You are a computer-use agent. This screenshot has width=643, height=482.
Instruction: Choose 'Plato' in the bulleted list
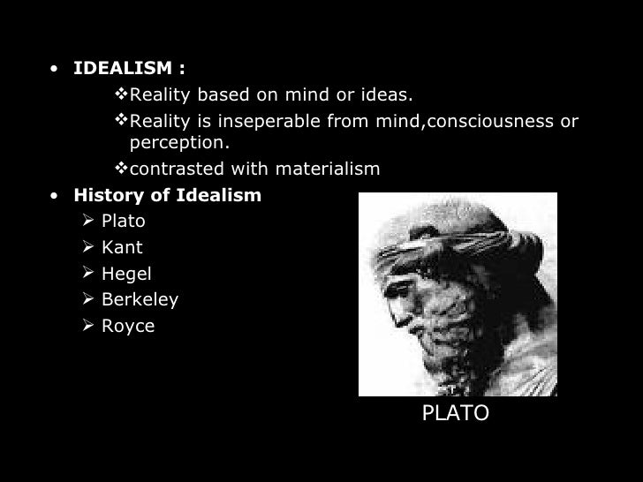pyautogui.click(x=123, y=221)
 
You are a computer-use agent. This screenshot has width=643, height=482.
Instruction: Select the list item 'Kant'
pyautogui.click(x=122, y=247)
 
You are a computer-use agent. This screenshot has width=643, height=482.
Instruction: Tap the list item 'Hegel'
pyautogui.click(x=126, y=274)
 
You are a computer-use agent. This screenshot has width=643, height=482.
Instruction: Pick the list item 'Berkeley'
pyautogui.click(x=140, y=300)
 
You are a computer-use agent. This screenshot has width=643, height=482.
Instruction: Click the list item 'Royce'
pyautogui.click(x=128, y=327)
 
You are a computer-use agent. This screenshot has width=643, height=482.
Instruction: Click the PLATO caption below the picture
pyautogui.click(x=455, y=413)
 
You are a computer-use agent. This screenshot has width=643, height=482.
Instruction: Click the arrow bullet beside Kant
pyautogui.click(x=87, y=247)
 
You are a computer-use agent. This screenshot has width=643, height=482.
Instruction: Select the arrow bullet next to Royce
pyautogui.click(x=87, y=327)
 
